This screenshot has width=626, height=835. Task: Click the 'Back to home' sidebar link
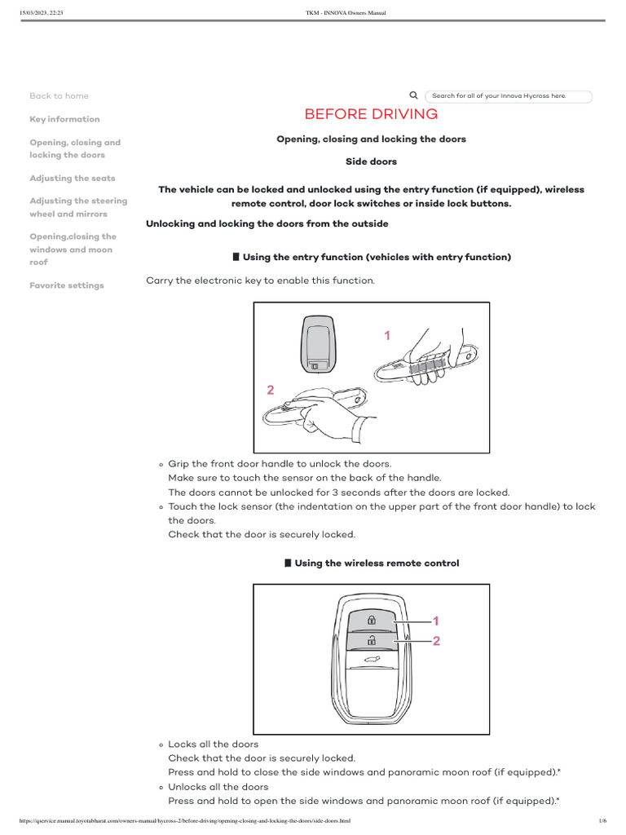pyautogui.click(x=59, y=96)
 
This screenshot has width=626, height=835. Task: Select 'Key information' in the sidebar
pyautogui.click(x=64, y=119)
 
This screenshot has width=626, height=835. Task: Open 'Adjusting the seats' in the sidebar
pyautogui.click(x=72, y=178)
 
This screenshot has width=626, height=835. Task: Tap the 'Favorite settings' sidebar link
pyautogui.click(x=66, y=285)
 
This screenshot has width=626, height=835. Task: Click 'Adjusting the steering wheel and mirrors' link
pyautogui.click(x=78, y=207)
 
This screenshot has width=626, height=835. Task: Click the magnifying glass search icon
pyautogui.click(x=414, y=95)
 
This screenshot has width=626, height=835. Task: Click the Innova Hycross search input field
pyautogui.click(x=509, y=96)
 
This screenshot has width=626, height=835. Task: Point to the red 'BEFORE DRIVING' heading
pyautogui.click(x=371, y=114)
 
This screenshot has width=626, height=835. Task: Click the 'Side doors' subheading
pyautogui.click(x=371, y=162)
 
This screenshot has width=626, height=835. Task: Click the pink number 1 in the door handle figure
pyautogui.click(x=387, y=335)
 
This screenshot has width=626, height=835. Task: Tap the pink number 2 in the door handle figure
pyautogui.click(x=270, y=391)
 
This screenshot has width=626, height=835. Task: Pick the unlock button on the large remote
pyautogui.click(x=371, y=640)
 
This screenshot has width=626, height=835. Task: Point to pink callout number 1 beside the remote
pyautogui.click(x=436, y=621)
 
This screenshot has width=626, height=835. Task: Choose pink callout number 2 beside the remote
pyautogui.click(x=436, y=642)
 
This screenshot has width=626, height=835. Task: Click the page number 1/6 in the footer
pyautogui.click(x=602, y=820)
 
